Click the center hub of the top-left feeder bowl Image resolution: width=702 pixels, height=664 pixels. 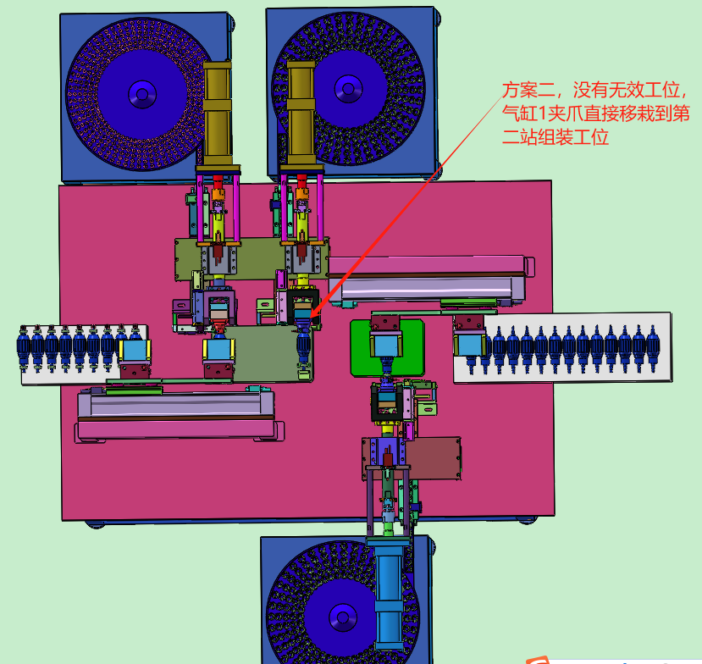coord(142,95)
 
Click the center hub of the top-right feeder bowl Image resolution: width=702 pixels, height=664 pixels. coord(348,89)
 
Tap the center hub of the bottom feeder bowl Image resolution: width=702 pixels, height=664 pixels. coord(343,618)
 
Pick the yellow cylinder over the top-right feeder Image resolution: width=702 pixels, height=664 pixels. coord(301,113)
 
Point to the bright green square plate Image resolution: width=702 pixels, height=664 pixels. coord(387,347)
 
